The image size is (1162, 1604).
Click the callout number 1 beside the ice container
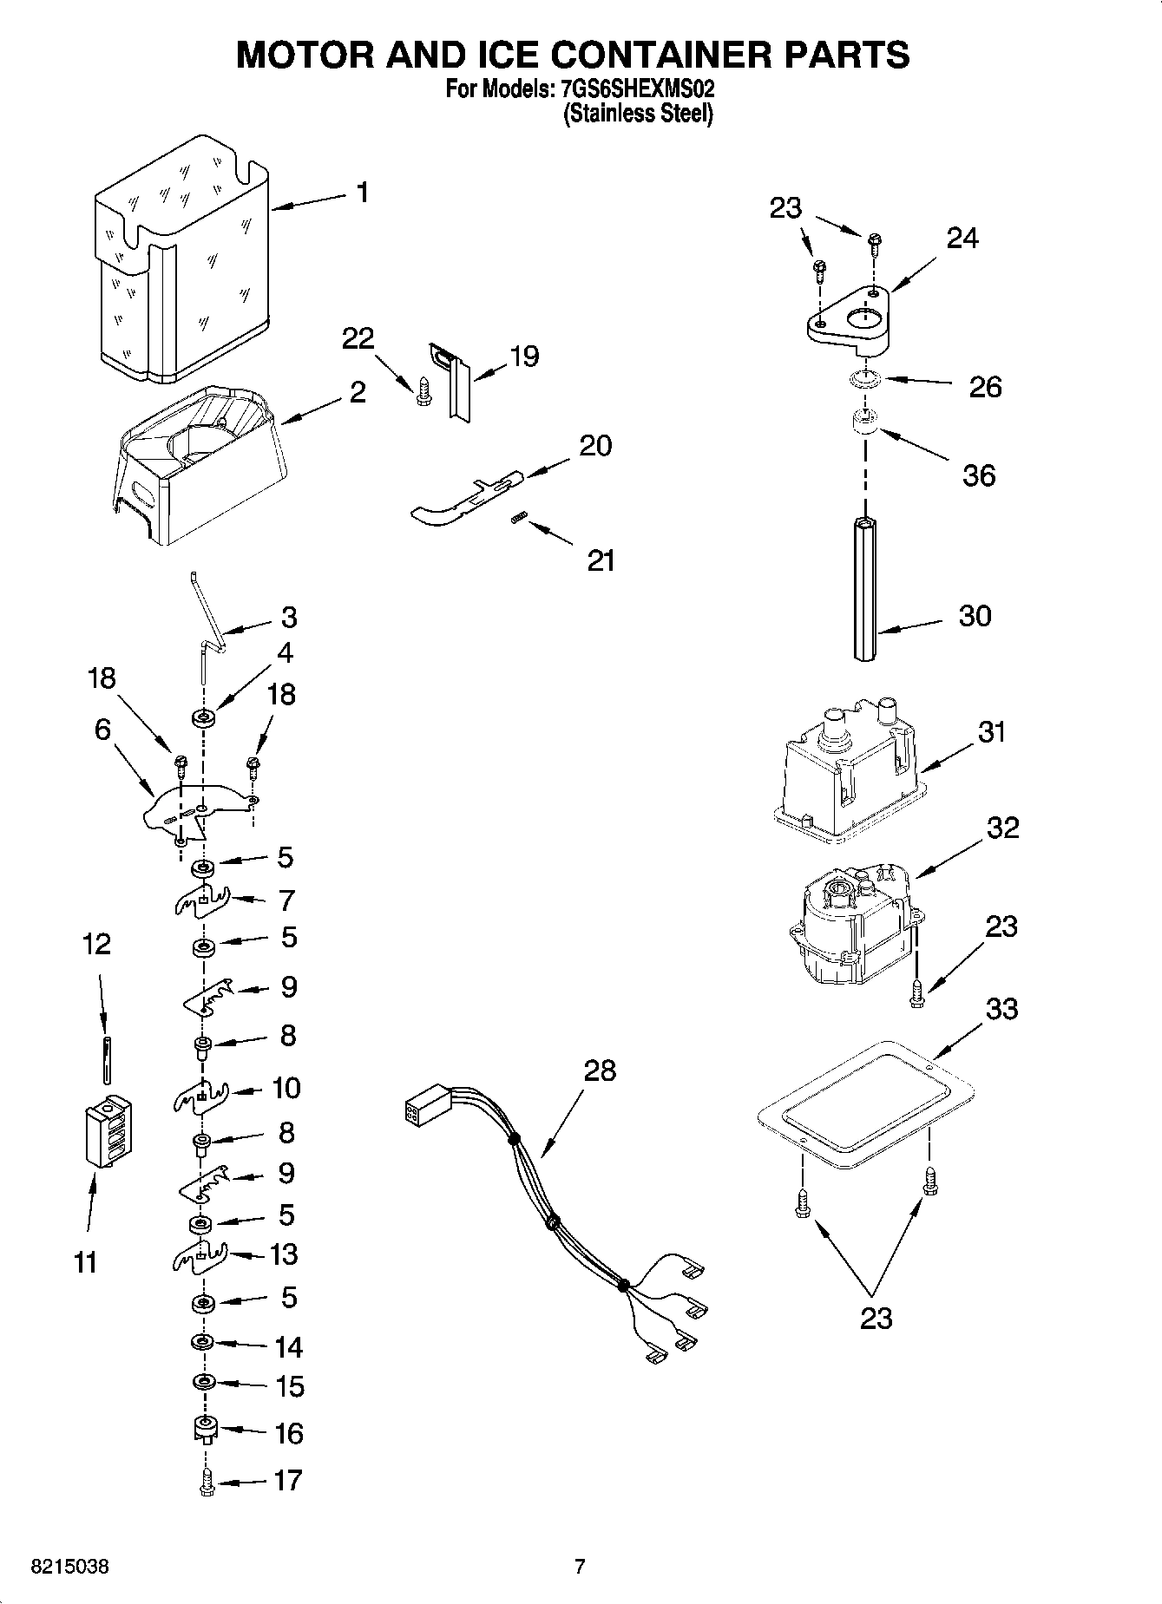362,192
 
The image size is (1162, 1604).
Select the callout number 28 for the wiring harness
599,1070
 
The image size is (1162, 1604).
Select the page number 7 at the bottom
580,1567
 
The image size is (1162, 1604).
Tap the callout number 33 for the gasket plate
1001,1009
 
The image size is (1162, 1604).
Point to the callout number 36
978,475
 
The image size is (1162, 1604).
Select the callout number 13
283,1254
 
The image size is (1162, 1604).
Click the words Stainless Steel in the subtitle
638,114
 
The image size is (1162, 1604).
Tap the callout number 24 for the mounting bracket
962,238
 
